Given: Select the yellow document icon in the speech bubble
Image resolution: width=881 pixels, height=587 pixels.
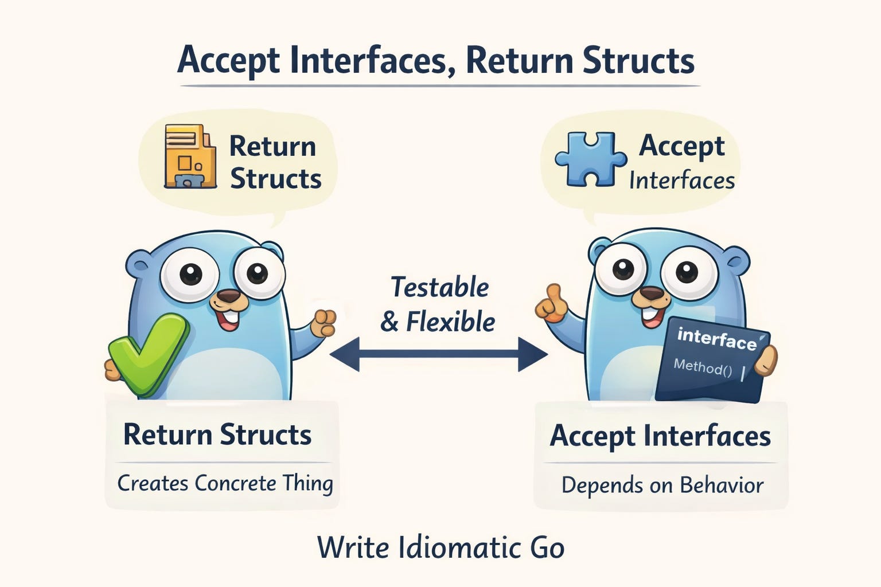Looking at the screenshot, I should (190, 156).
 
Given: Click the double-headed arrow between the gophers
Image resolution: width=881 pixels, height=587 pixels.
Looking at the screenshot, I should (439, 354).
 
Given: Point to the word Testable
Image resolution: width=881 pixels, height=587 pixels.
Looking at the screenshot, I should (439, 287).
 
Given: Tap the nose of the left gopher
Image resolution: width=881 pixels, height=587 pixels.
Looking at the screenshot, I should (230, 296).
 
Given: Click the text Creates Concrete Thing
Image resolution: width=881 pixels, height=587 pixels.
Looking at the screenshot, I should (225, 483).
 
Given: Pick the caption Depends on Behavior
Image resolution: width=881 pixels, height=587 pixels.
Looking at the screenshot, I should (662, 486).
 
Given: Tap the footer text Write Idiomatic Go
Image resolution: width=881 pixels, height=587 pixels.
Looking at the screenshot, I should (440, 547).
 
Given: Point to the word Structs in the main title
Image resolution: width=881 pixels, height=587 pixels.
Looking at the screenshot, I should (638, 60).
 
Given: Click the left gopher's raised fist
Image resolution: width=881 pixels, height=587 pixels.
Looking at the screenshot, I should (323, 323).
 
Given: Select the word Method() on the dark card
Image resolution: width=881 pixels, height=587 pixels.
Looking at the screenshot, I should (703, 367).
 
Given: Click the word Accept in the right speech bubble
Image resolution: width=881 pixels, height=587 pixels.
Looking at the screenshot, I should (681, 146).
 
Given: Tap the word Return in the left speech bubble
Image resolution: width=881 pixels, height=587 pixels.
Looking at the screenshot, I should (272, 146).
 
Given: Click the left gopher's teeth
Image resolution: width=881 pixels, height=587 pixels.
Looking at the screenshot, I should (231, 316).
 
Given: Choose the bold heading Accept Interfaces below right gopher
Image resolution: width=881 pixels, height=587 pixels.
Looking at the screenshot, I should (660, 436).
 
